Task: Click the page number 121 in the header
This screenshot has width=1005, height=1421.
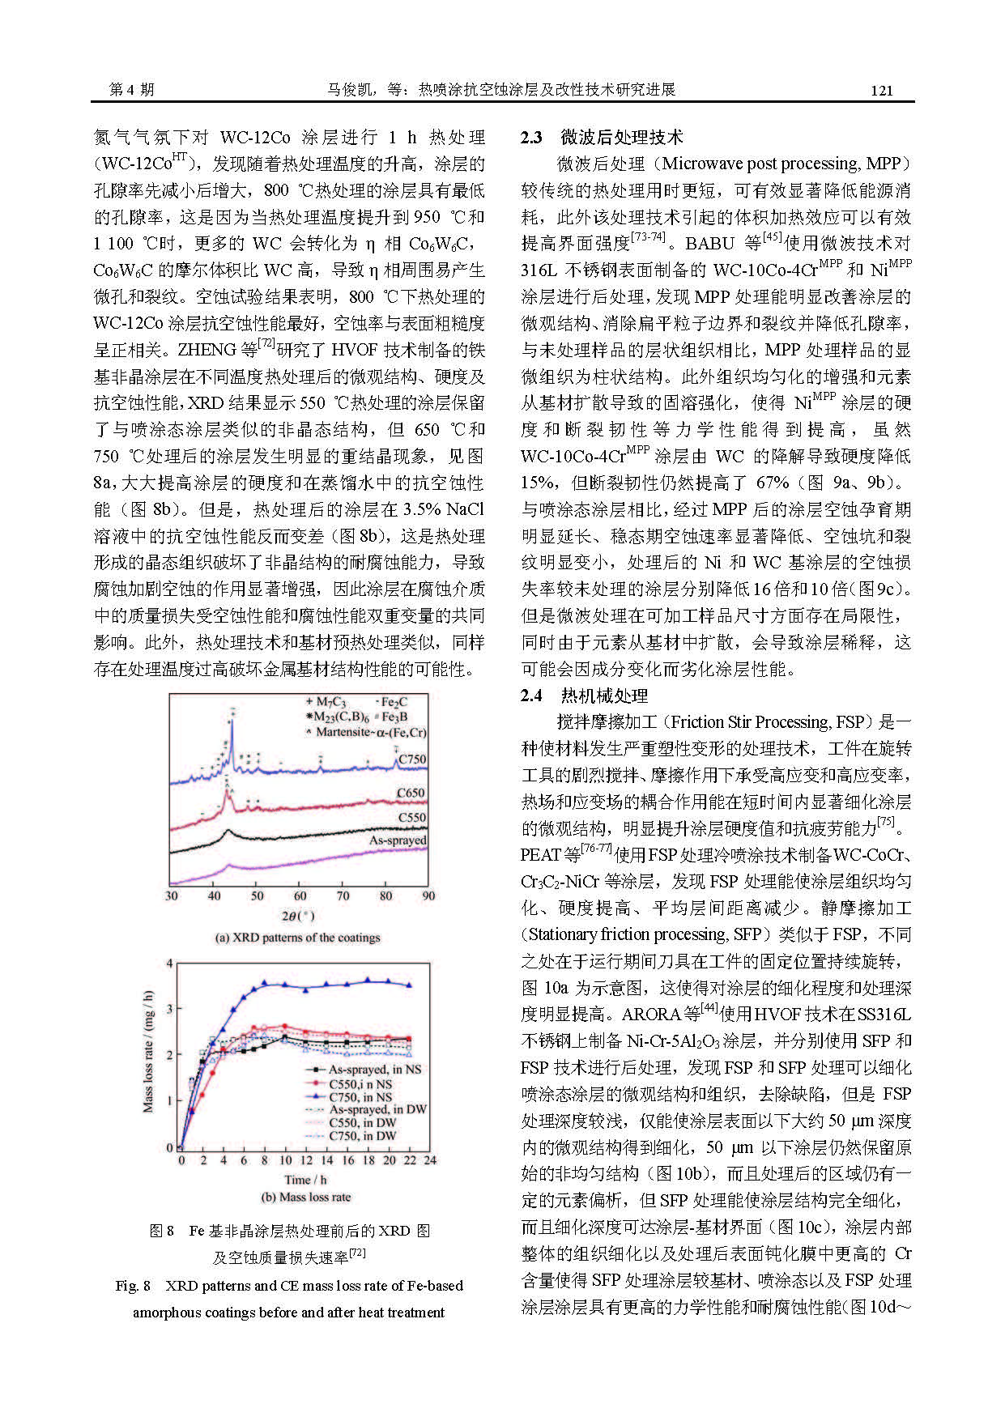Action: click(881, 90)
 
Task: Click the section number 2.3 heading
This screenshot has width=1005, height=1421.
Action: click(531, 138)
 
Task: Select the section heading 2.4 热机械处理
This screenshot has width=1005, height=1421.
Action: click(584, 696)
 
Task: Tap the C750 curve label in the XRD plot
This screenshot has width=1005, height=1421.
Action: click(411, 759)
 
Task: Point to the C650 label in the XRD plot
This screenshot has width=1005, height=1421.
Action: click(411, 793)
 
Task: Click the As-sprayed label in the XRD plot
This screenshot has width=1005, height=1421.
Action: click(398, 840)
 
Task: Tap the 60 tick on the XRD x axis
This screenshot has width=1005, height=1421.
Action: click(300, 896)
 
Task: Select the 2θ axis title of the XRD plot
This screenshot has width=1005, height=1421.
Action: click(297, 916)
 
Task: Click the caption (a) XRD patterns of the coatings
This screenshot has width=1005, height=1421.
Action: click(297, 938)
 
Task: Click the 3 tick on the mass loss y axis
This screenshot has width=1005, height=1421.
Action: click(169, 1008)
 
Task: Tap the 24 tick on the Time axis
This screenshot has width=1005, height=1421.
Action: click(430, 1159)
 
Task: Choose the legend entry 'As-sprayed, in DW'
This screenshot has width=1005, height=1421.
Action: click(377, 1109)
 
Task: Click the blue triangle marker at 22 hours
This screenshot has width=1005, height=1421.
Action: click(409, 985)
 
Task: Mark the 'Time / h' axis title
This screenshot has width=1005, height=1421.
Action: click(305, 1179)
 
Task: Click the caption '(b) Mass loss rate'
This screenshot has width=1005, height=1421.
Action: click(305, 1197)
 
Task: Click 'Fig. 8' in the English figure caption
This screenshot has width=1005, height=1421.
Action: click(133, 1286)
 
